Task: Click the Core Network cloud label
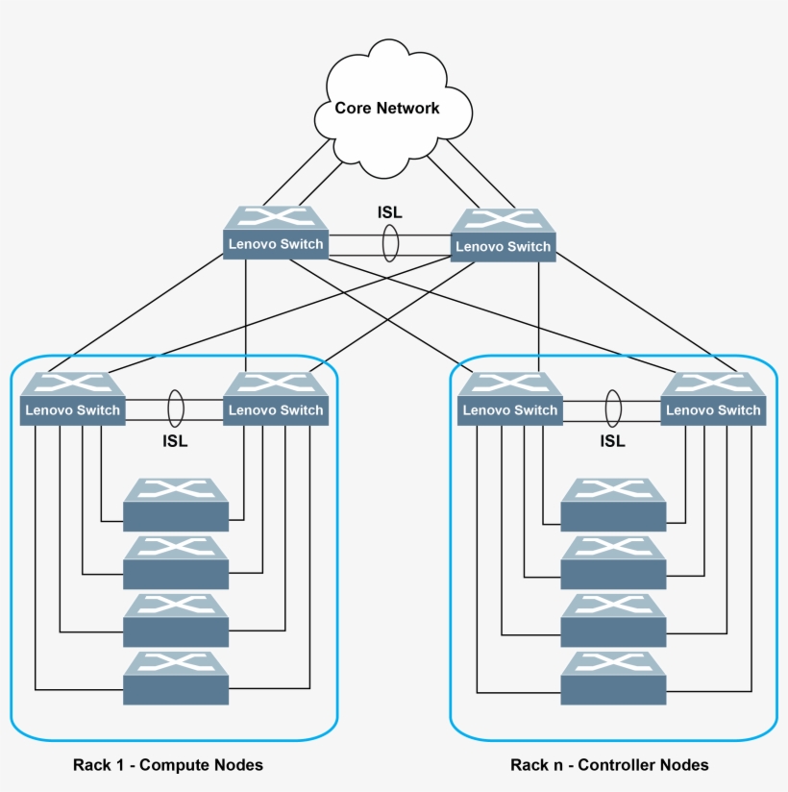point(386,108)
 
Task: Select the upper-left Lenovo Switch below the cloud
point(276,234)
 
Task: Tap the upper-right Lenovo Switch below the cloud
point(504,236)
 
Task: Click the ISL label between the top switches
point(390,211)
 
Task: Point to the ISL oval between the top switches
point(390,243)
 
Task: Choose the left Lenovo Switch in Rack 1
point(73,400)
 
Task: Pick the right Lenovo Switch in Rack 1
point(276,400)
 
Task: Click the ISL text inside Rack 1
point(175,441)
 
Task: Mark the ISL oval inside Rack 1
point(175,408)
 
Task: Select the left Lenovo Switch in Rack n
point(509,400)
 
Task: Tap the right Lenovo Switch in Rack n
point(713,400)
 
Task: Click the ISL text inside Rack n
point(612,441)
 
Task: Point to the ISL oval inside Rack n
point(612,408)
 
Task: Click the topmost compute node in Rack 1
point(176,505)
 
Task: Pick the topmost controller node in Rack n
point(613,505)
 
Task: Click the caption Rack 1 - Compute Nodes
point(168,765)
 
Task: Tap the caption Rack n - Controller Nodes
point(609,765)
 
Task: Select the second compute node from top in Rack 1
point(176,562)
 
